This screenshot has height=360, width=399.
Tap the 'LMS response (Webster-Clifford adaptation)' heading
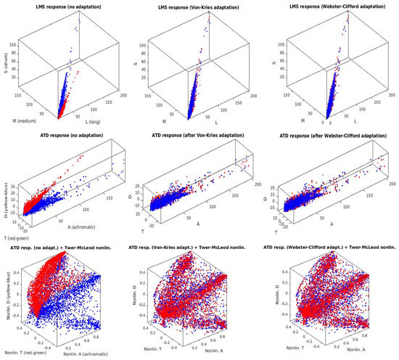coord(333,7)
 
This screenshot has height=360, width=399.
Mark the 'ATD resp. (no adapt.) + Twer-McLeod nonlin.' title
coord(66,249)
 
